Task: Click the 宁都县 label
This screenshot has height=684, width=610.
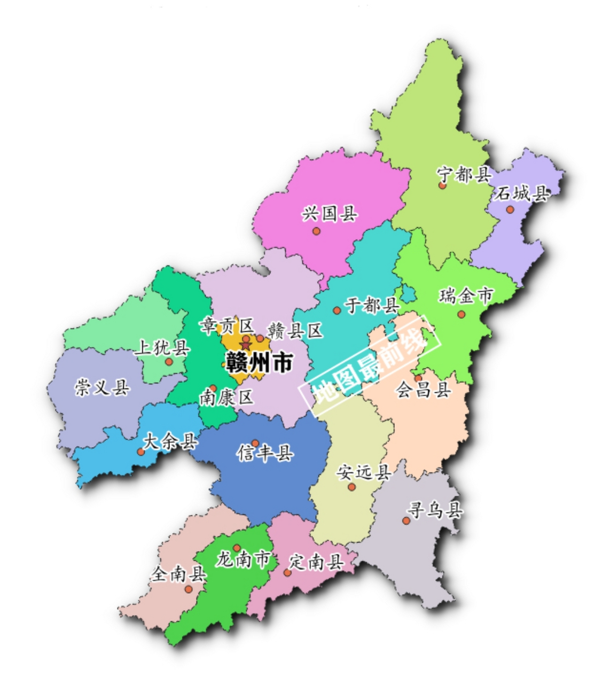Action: [x=464, y=174]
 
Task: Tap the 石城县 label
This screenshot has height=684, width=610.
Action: [x=521, y=193]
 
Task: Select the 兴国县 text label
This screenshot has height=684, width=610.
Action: [x=330, y=214]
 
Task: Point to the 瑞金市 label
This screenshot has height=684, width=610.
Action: [x=466, y=295]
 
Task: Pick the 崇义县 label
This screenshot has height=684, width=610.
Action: [x=102, y=386]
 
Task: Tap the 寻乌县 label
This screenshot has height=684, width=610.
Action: [x=435, y=510]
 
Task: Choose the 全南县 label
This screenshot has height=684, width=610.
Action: [x=179, y=574]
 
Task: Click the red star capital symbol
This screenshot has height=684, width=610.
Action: [x=245, y=346]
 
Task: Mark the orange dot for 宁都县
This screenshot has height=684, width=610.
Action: [x=442, y=185]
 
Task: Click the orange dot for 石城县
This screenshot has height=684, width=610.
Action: [x=510, y=209]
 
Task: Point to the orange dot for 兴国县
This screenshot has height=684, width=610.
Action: [x=316, y=231]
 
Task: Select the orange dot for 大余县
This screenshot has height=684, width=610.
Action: [x=140, y=452]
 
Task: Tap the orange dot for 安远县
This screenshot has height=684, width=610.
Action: [x=351, y=487]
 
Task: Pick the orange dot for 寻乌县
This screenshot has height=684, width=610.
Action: [x=406, y=520]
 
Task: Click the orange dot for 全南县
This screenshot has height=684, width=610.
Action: [x=189, y=589]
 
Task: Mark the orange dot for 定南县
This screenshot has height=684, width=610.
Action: [x=287, y=573]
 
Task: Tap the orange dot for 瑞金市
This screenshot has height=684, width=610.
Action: [x=462, y=314]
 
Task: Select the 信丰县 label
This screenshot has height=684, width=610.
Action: [x=265, y=454]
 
